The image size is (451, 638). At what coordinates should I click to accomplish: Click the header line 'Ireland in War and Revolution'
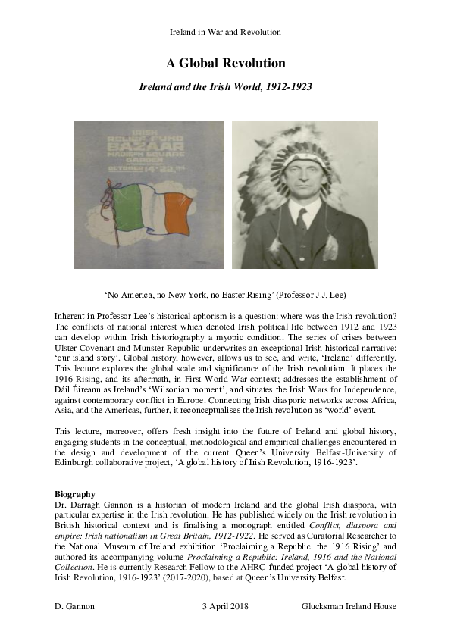click(x=225, y=33)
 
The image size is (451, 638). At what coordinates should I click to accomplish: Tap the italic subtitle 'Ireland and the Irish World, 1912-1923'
click(x=225, y=87)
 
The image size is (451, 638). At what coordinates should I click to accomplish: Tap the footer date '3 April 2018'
click(x=225, y=607)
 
